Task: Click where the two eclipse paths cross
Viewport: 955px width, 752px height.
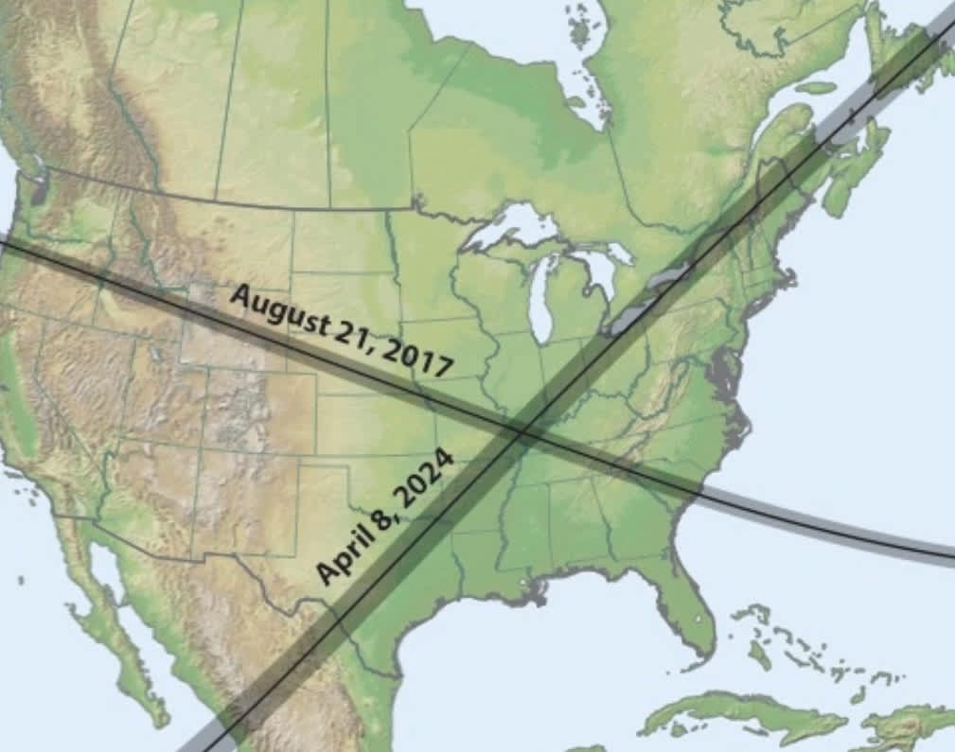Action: (521, 430)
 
